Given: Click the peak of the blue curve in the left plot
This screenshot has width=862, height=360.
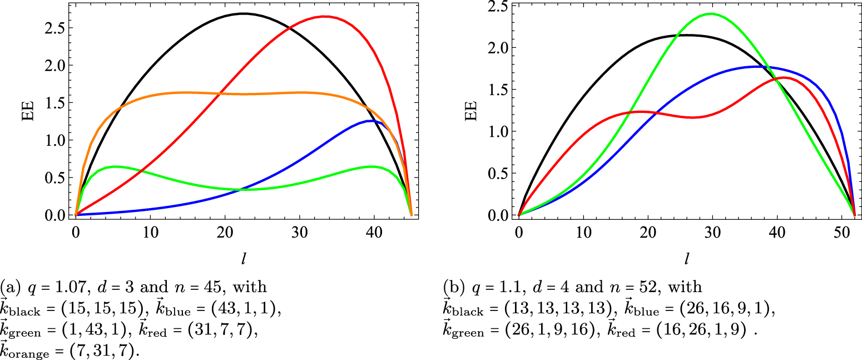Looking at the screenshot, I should [x=368, y=120].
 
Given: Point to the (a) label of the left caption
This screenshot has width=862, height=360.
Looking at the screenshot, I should [x=8, y=287].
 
